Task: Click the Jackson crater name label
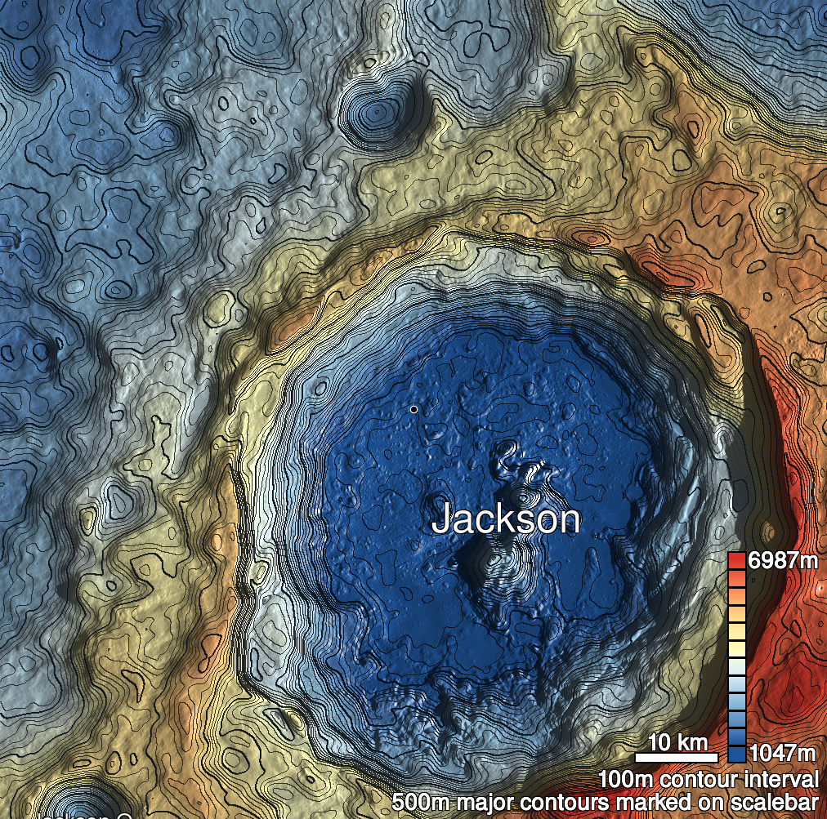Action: [x=505, y=519]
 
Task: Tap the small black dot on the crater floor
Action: [x=414, y=408]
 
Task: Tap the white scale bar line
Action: [x=677, y=757]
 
